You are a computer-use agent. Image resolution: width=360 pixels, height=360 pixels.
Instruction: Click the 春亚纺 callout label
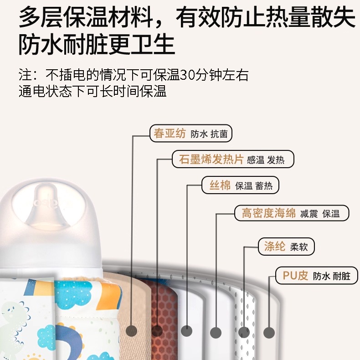point(191,134)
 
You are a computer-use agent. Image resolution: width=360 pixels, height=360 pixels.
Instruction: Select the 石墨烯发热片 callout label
point(233,159)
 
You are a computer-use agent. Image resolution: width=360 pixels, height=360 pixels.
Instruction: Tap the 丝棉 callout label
point(240,185)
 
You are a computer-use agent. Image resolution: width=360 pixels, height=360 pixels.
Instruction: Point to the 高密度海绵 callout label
point(292,213)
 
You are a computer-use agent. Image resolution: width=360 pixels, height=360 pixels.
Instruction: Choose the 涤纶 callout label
point(286,247)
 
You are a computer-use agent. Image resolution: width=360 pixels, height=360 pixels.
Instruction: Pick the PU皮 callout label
point(318,276)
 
